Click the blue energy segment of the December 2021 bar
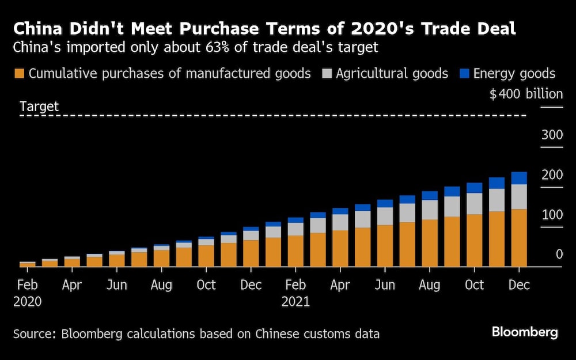coord(519,178)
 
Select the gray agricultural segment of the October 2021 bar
coord(474,203)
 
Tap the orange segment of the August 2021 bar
coord(429,242)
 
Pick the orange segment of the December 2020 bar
coord(251,253)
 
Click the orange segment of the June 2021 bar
coord(384,245)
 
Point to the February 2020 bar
coord(27,264)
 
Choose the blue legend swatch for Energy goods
coord(464,74)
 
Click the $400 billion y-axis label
coord(525,94)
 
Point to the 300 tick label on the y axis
coord(552,135)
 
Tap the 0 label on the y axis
coord(559,254)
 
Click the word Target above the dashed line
coord(39,107)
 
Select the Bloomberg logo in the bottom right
coord(524,332)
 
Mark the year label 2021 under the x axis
coord(295,301)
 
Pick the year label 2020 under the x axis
coord(27,301)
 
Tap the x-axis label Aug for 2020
coord(161,285)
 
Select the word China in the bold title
coord(38,28)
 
